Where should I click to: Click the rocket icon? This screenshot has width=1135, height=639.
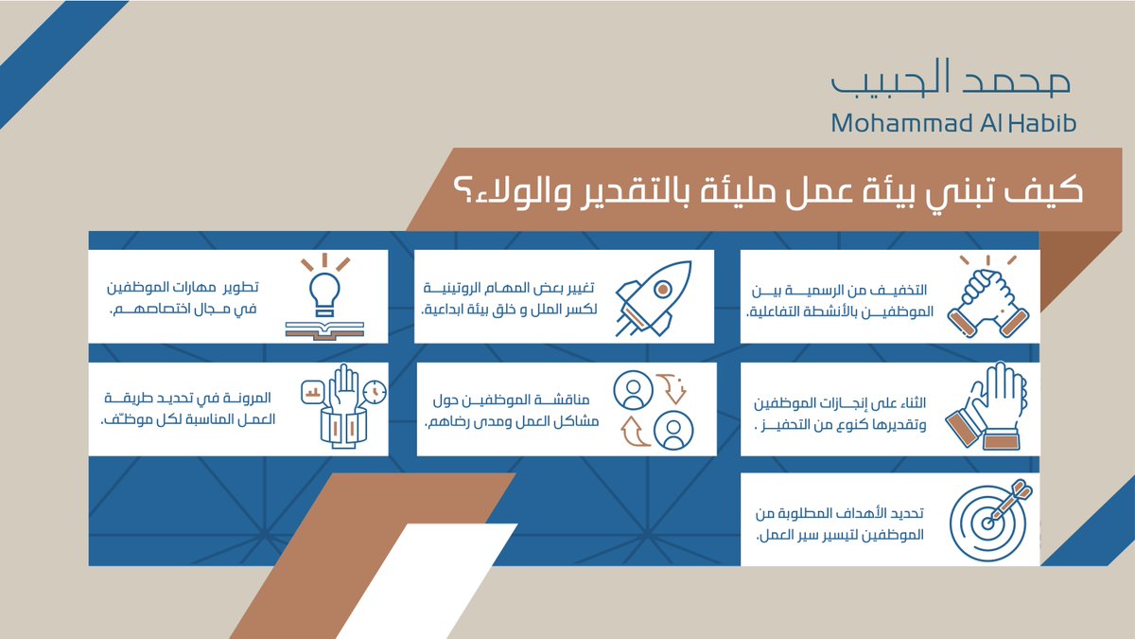(x=654, y=298)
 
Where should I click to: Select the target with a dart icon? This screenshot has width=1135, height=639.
(x=990, y=520)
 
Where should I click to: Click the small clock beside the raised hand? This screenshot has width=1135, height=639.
(x=375, y=392)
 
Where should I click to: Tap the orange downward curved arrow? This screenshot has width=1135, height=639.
(x=672, y=388)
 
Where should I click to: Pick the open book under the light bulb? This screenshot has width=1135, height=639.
(x=324, y=330)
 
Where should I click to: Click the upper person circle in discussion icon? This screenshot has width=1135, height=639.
(x=633, y=390)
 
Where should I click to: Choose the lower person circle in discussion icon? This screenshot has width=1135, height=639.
(x=673, y=431)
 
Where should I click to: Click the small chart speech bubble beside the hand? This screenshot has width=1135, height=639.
(x=313, y=392)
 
